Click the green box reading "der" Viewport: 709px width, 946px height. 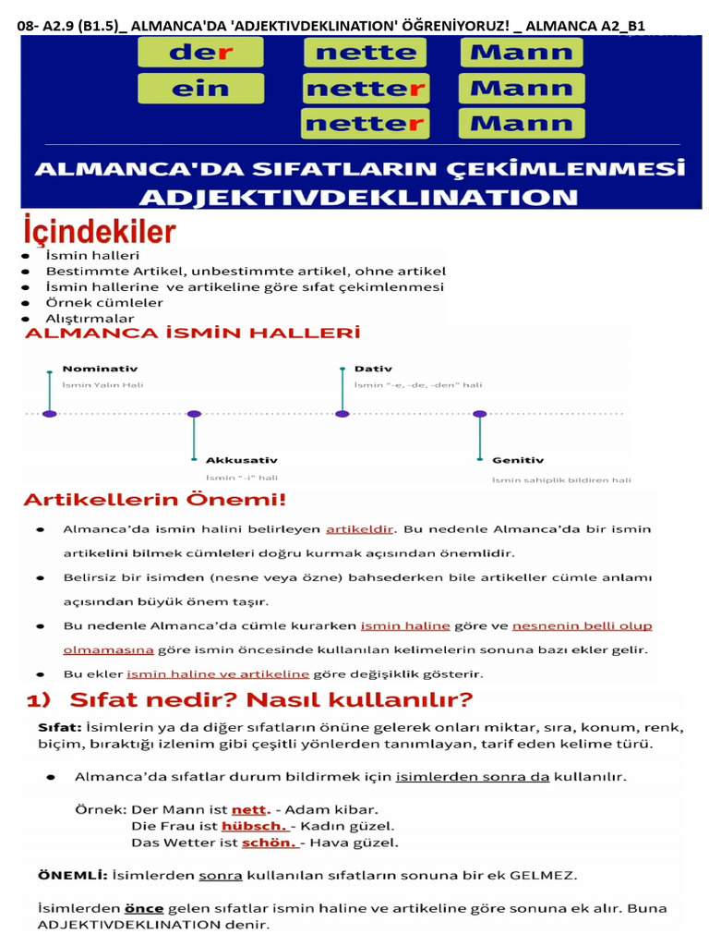[x=200, y=52]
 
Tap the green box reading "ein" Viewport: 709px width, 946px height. [x=200, y=89]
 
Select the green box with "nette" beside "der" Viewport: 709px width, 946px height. [x=366, y=52]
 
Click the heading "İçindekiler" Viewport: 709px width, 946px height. [x=100, y=231]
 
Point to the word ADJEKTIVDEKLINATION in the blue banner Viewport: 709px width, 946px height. [x=359, y=197]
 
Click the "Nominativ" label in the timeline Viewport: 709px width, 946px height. [x=101, y=369]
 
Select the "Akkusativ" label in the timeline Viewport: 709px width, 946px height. [x=242, y=459]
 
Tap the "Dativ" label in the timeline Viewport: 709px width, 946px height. [x=373, y=369]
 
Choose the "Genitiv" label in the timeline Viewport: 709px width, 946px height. [x=518, y=459]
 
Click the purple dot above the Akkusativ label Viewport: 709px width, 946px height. [x=194, y=414]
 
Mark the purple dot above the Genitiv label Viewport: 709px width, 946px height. [x=479, y=414]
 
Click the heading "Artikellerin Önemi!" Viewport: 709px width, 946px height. [x=155, y=500]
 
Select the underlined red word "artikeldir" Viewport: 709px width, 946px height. [x=360, y=529]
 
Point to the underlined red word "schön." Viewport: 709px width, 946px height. [x=269, y=843]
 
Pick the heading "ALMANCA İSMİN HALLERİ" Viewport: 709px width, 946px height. [x=192, y=333]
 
